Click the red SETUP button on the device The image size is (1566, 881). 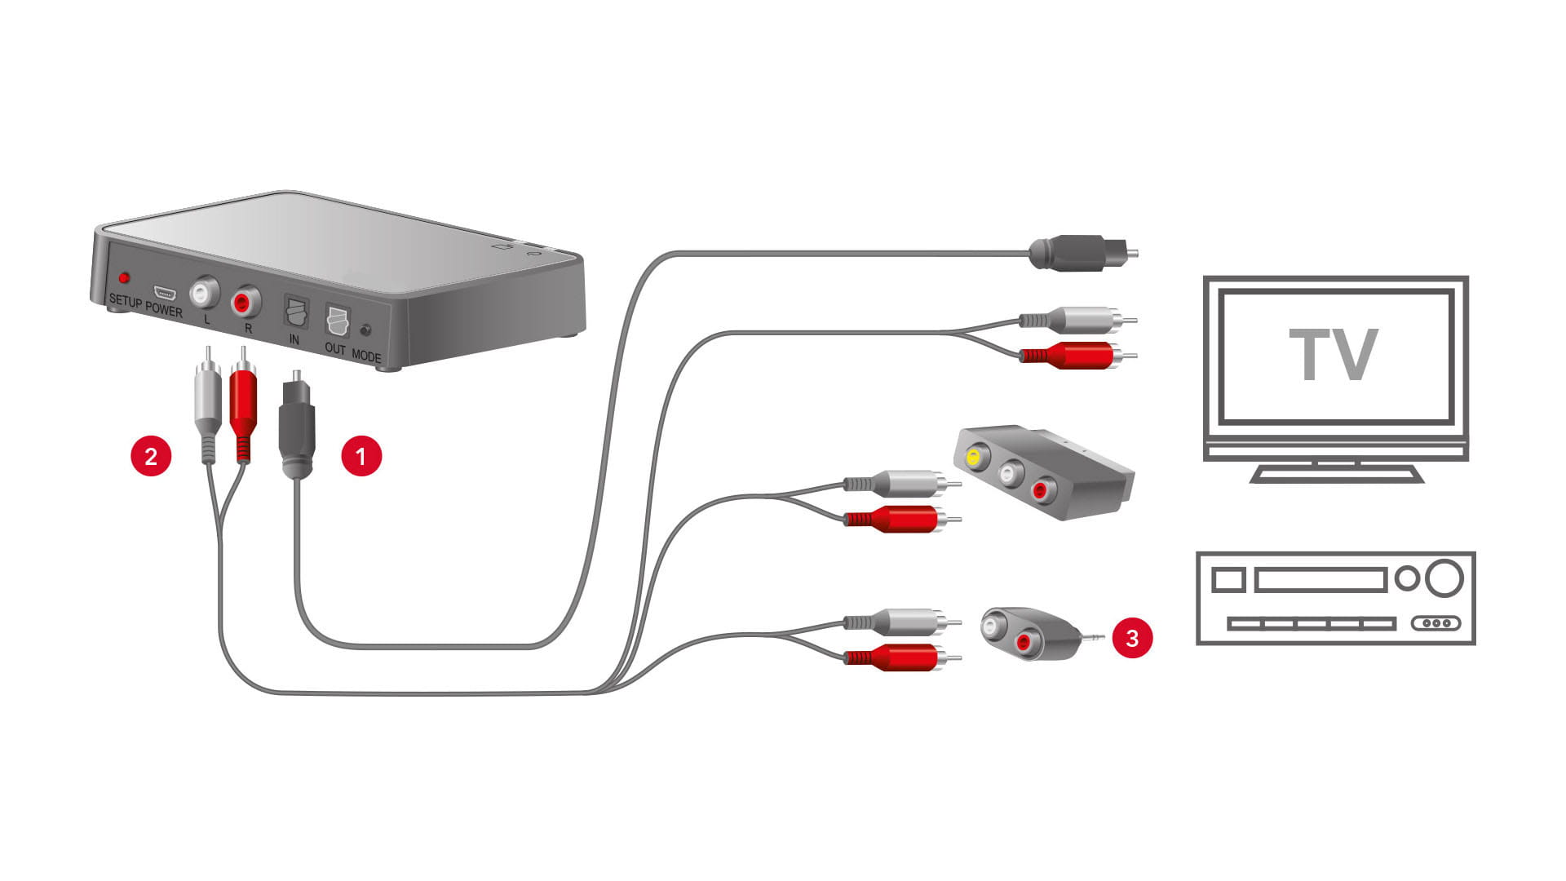pyautogui.click(x=124, y=278)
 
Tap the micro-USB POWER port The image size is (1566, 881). pyautogui.click(x=163, y=293)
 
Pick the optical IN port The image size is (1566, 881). pyautogui.click(x=295, y=312)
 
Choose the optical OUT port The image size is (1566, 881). pyautogui.click(x=336, y=321)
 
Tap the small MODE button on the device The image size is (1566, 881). pyautogui.click(x=365, y=330)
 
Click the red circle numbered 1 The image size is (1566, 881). pyautogui.click(x=361, y=455)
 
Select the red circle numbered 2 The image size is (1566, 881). pyautogui.click(x=151, y=455)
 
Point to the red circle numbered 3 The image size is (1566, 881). pyautogui.click(x=1132, y=637)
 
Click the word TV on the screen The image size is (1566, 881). pyautogui.click(x=1333, y=355)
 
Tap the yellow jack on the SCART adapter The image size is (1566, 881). pyautogui.click(x=973, y=457)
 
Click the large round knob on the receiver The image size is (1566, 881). pyautogui.click(x=1444, y=578)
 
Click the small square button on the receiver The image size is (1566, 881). pyautogui.click(x=1228, y=580)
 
